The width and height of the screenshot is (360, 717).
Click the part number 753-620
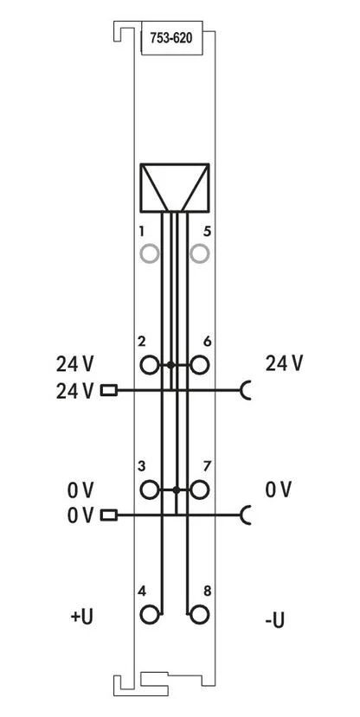[171, 38]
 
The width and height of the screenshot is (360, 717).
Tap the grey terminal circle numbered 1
[149, 253]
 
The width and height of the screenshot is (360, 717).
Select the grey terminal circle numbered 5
[199, 253]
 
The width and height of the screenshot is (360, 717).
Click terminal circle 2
[149, 365]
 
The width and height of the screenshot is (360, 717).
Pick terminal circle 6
[199, 365]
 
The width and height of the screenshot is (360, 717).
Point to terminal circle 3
[149, 490]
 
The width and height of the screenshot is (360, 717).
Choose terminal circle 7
[199, 490]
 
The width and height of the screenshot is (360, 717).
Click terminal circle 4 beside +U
[149, 615]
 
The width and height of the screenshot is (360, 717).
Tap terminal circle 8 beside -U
[199, 615]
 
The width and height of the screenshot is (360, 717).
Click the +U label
[82, 617]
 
